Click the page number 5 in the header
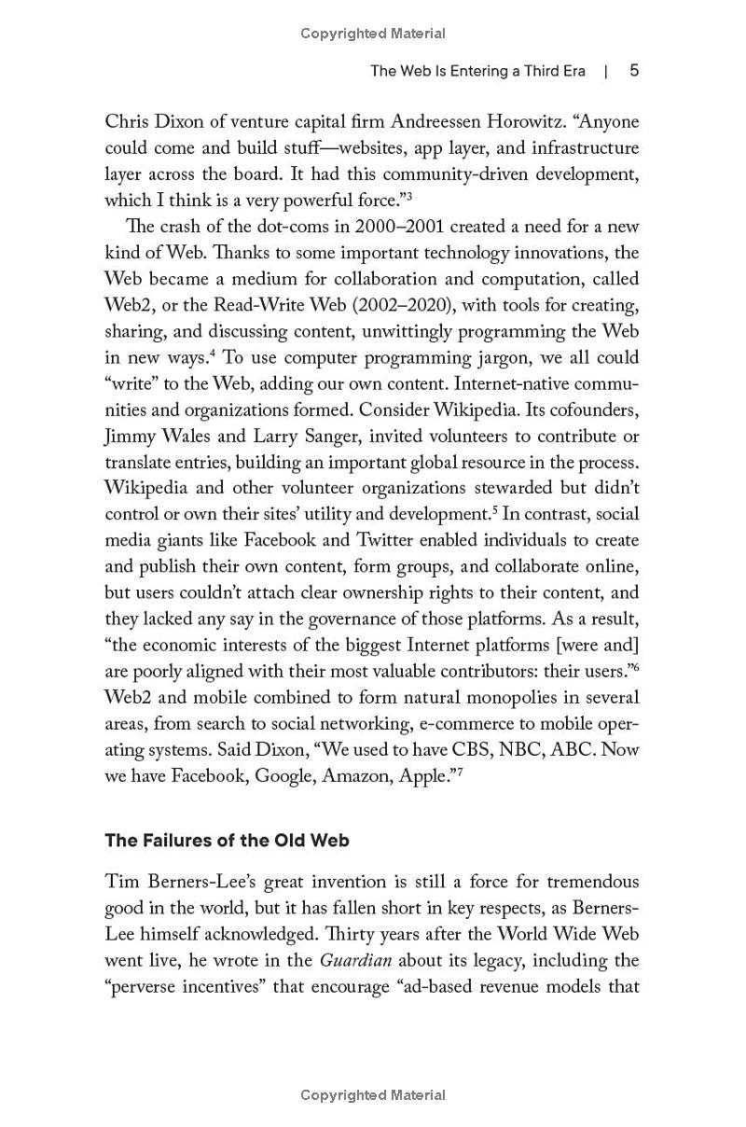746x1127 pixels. [x=634, y=71]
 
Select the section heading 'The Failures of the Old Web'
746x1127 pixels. [x=227, y=841]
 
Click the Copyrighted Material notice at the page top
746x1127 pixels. [x=373, y=34]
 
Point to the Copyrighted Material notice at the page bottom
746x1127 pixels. [x=373, y=1095]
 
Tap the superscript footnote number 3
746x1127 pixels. [x=408, y=195]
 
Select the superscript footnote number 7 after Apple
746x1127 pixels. [x=460, y=771]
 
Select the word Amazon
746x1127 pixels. [x=352, y=775]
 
